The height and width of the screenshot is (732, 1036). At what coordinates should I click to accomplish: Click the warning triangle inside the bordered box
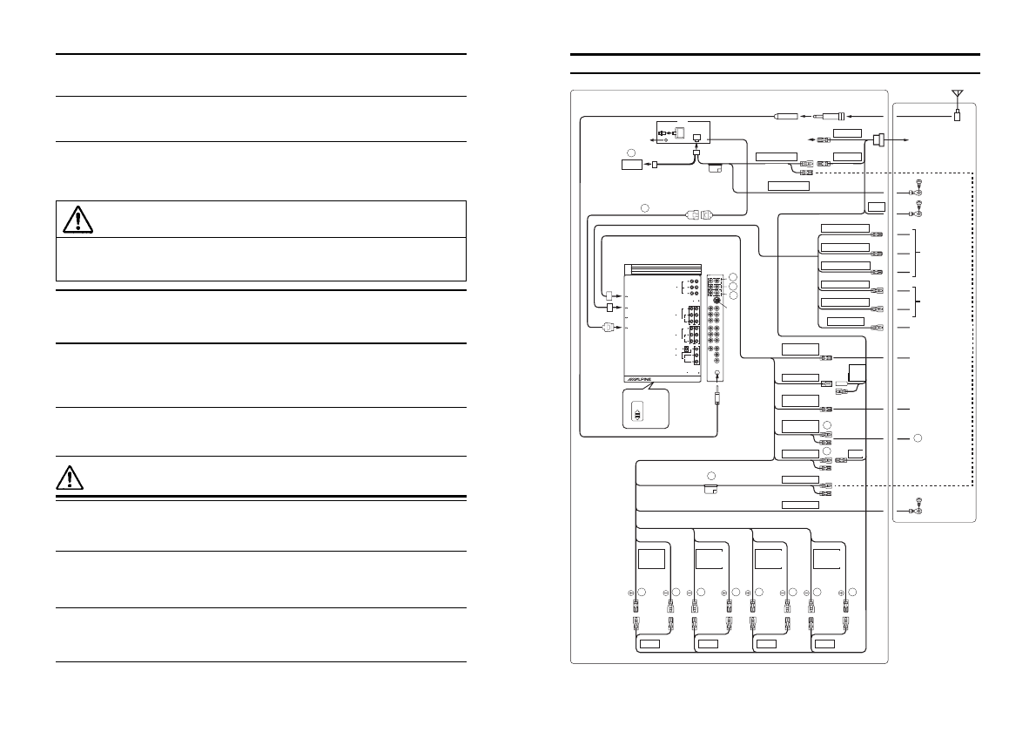click(x=78, y=220)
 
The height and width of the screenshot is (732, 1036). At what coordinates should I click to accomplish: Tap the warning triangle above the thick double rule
click(x=70, y=478)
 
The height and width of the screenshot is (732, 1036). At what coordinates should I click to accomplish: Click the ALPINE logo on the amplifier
click(x=638, y=380)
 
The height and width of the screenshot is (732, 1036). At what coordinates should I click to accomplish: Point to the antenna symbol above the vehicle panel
click(x=958, y=94)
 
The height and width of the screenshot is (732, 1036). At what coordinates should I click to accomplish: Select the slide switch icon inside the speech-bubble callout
click(x=637, y=411)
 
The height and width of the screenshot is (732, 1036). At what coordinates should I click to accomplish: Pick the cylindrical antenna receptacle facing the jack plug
click(x=785, y=117)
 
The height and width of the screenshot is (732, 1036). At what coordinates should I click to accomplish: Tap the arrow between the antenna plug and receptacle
click(x=805, y=117)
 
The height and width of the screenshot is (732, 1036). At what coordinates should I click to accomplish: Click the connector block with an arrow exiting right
click(x=878, y=140)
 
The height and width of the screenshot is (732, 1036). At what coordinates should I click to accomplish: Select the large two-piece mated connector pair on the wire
click(x=699, y=214)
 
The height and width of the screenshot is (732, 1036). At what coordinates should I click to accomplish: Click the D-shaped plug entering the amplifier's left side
click(x=607, y=326)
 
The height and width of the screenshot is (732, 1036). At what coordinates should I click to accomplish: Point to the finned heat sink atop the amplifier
click(x=663, y=270)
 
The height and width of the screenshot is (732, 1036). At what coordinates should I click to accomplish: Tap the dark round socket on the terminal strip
click(x=716, y=301)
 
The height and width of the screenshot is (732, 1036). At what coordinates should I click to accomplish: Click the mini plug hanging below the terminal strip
click(x=717, y=398)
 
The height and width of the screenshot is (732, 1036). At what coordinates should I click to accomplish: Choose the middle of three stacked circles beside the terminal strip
click(x=733, y=286)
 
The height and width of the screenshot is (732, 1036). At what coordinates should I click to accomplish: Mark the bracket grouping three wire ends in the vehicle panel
click(x=915, y=254)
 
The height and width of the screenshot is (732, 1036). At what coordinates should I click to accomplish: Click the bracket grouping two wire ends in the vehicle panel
click(x=917, y=301)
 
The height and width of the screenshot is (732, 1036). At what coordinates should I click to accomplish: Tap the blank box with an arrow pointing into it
click(x=632, y=164)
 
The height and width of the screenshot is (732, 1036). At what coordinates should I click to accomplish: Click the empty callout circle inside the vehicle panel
click(x=918, y=437)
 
